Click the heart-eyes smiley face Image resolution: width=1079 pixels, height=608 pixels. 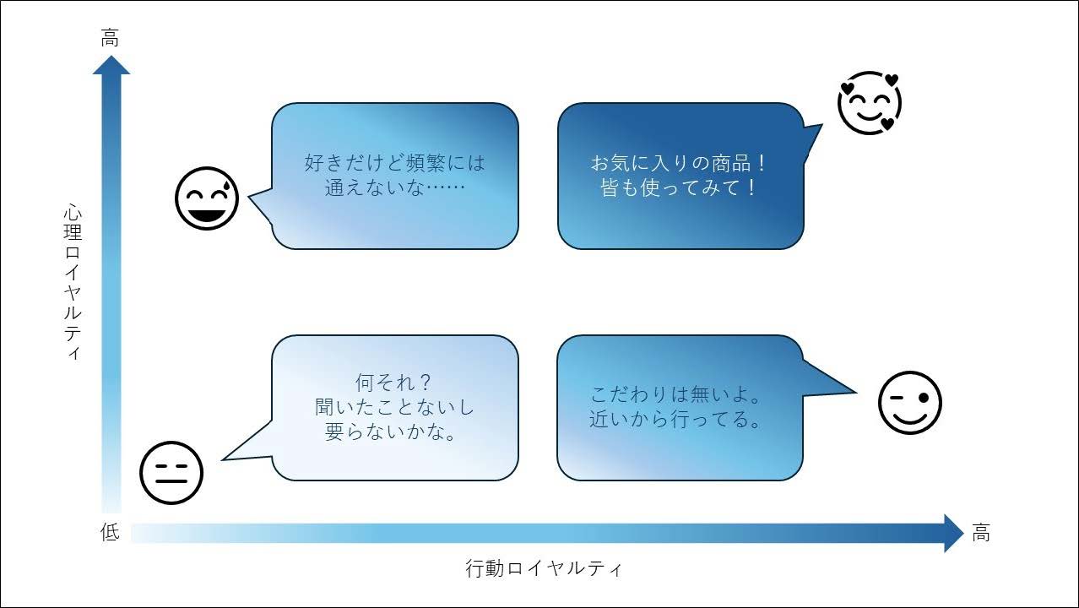coord(870,103)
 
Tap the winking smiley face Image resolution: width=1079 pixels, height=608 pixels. coord(910,403)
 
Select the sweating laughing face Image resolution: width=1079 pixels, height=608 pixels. coord(207,198)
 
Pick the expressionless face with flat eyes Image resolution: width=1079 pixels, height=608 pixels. coord(171,473)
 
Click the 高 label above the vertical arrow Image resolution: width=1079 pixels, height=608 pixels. coord(110,38)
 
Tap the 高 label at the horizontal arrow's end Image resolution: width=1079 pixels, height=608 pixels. coord(981,533)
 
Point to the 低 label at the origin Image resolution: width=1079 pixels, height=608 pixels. coord(110,532)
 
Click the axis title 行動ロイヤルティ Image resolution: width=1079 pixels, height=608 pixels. coord(544,568)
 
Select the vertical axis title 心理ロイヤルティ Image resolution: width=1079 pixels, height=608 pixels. coord(73,282)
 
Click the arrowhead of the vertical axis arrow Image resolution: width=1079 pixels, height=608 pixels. coord(111,66)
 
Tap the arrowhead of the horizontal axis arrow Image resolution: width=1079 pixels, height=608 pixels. coord(954,533)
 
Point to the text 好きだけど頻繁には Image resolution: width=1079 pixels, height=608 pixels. coord(395,163)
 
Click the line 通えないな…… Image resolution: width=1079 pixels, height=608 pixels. coord(395,187)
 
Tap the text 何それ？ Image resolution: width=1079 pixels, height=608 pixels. coord(394,383)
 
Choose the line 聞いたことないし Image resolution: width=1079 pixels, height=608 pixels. coord(394,407)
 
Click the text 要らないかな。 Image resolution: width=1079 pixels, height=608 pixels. coord(391,432)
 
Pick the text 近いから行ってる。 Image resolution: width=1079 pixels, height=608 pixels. coord(675,419)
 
